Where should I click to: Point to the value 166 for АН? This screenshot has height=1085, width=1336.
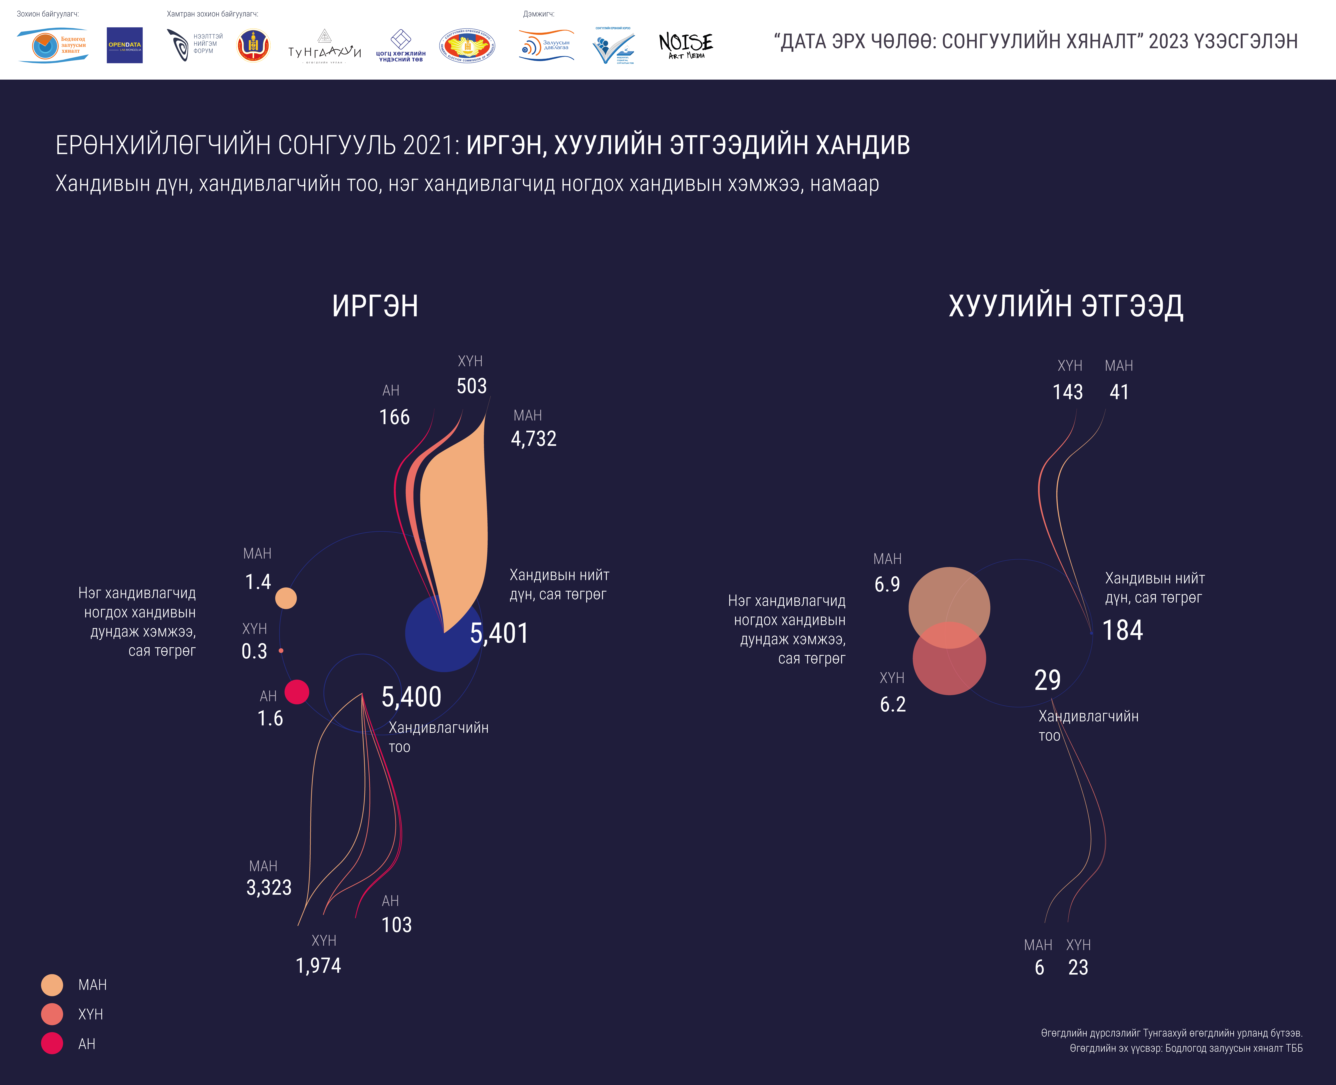[x=394, y=417]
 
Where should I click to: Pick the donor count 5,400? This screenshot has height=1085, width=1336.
[x=411, y=697]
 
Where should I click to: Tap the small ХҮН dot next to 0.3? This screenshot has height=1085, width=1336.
[x=281, y=651]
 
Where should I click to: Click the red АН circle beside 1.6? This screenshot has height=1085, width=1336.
[x=297, y=692]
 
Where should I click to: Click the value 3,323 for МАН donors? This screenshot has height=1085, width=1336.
[x=269, y=887]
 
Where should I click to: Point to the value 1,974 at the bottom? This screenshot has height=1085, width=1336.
[x=318, y=966]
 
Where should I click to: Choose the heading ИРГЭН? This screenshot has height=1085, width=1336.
[x=375, y=306]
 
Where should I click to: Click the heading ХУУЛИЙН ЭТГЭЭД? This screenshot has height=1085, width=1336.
[x=1065, y=306]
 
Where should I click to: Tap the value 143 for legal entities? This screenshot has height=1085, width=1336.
[x=1067, y=392]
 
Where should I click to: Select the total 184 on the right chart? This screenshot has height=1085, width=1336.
[x=1122, y=630]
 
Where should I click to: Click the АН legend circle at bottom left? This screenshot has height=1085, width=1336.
[x=52, y=1043]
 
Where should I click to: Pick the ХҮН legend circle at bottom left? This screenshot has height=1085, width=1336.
[x=52, y=1014]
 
